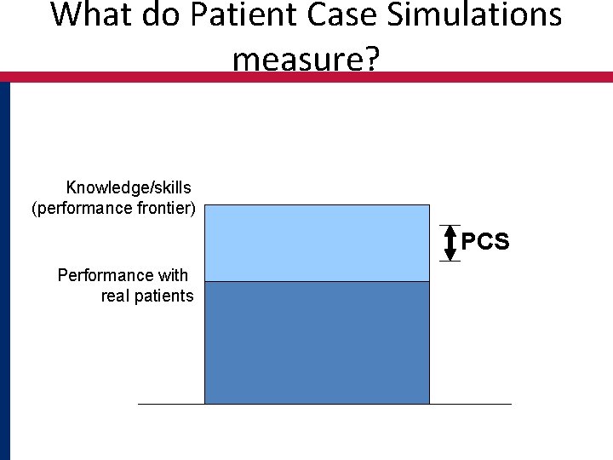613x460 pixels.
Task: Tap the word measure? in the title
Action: (x=306, y=60)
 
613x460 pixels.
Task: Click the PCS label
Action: (x=485, y=243)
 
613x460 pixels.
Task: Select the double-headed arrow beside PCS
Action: (x=450, y=243)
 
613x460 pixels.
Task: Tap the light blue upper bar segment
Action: (x=317, y=243)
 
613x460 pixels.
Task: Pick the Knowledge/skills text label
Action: (x=129, y=187)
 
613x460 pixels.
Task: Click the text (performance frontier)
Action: (x=113, y=208)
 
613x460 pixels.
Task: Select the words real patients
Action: (x=146, y=296)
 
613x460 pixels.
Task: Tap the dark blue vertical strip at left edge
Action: (x=5, y=273)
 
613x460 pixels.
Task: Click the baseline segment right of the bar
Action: (x=470, y=404)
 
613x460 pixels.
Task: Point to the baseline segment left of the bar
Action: (x=171, y=404)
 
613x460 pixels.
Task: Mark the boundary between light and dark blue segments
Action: (x=317, y=281)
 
